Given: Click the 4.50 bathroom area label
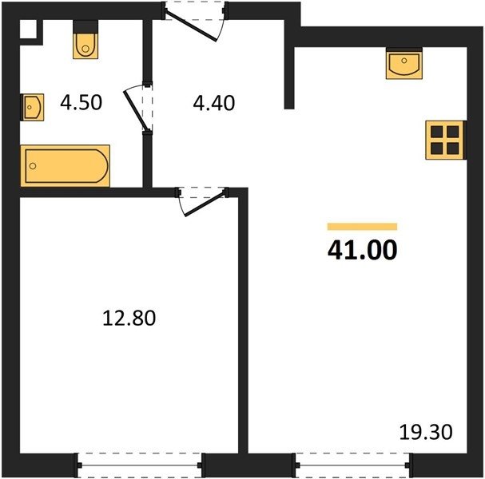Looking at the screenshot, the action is tap(81, 103).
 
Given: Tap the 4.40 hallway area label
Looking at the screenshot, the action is tap(213, 103).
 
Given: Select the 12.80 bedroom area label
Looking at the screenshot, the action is tap(129, 318).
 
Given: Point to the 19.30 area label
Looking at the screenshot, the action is tap(426, 432).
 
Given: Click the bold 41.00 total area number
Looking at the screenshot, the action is tap(362, 250).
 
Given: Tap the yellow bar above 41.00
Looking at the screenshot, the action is tap(362, 227).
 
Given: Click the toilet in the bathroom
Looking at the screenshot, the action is tap(85, 40).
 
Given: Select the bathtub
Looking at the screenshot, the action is tap(66, 166).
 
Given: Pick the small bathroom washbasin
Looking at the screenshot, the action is tap(32, 107).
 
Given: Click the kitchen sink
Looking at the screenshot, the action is tap(404, 63).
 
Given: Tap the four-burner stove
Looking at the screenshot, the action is tap(446, 140).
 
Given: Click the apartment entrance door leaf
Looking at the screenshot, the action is tap(191, 26).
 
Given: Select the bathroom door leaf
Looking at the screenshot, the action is tap(135, 109).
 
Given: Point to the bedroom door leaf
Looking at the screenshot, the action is tap(204, 204).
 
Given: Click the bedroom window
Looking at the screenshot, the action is tap(139, 465).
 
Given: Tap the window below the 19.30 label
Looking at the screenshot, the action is tap(352, 465).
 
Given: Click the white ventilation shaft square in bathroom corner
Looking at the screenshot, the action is tap(28, 30).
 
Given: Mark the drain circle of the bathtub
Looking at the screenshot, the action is tap(33, 166).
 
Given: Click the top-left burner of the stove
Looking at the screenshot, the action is tap(437, 132).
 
